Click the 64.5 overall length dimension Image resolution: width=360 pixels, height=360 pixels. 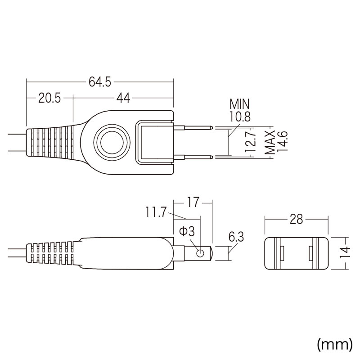[x=100, y=82]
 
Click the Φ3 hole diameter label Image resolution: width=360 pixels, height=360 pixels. [x=186, y=232]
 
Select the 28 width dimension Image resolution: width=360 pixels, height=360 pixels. [x=296, y=219]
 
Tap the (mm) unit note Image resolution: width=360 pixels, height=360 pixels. [x=335, y=344]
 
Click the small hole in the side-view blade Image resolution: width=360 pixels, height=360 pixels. [x=199, y=253]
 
